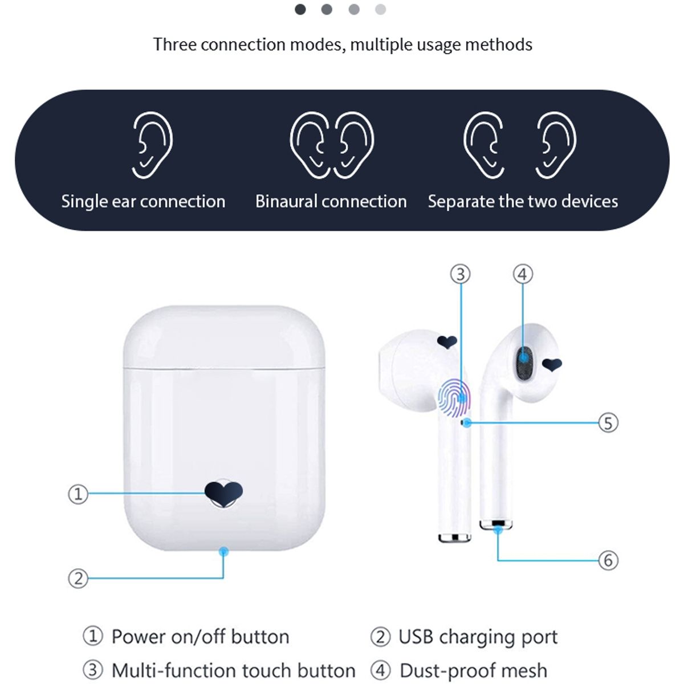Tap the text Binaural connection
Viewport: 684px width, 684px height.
331,201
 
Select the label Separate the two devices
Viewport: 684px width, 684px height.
523,201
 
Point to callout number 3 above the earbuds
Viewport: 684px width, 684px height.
461,274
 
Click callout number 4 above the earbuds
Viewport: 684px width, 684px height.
523,274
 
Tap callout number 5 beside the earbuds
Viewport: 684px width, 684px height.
608,423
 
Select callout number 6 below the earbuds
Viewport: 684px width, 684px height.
608,560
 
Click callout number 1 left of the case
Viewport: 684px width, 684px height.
78,494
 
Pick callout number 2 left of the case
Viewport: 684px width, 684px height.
78,579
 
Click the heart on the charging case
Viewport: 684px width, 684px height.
223,492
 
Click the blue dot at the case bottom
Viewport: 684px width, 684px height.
223,551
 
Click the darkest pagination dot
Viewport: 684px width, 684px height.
300,9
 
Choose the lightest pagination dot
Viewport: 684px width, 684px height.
380,9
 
